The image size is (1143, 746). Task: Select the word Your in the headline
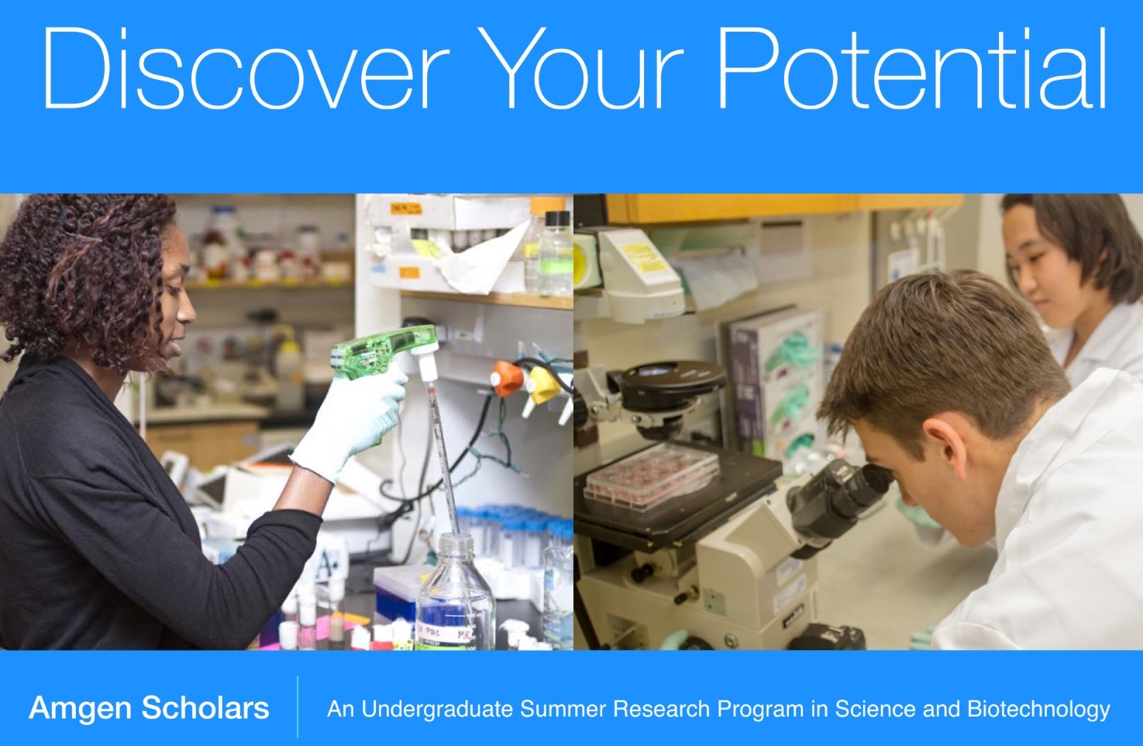point(580,68)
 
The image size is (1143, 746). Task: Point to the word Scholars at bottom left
point(205,708)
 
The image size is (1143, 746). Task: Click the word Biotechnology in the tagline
point(1039,710)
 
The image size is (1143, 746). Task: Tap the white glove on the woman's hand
point(352,425)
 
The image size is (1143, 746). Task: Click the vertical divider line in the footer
point(298,707)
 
